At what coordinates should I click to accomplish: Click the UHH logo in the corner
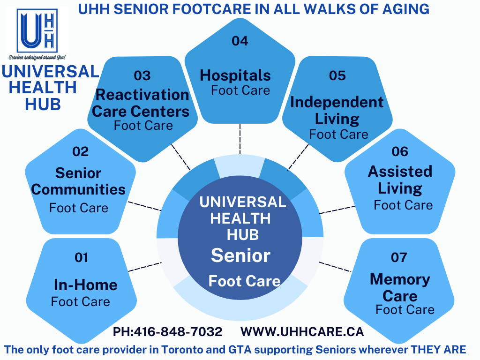coord(37,34)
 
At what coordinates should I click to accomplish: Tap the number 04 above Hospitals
coord(240,41)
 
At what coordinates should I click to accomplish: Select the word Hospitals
coord(235,75)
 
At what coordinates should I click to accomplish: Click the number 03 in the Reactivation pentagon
coord(142,75)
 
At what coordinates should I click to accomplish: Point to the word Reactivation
coord(142,95)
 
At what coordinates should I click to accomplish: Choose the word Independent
coord(337,102)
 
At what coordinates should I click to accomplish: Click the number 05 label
coord(337,75)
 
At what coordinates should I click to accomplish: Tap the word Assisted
coord(400,172)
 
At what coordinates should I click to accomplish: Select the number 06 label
coord(400,151)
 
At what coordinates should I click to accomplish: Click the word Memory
coord(400,279)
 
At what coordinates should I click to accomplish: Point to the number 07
coord(399,257)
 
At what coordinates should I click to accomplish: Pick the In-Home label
coord(86,285)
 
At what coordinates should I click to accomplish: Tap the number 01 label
coord(82,257)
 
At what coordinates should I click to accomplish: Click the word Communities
coord(78,190)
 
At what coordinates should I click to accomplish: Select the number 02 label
coord(81,151)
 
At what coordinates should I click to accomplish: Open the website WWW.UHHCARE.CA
coord(302,332)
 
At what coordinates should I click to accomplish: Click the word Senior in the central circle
coord(240,255)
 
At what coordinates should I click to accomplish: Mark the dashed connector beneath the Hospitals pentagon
coord(240,139)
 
